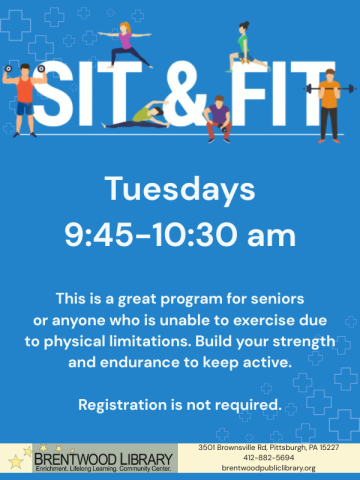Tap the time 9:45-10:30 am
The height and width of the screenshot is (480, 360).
click(180, 236)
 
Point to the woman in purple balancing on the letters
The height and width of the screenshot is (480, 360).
click(124, 45)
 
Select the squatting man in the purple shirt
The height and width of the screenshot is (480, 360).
click(217, 118)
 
